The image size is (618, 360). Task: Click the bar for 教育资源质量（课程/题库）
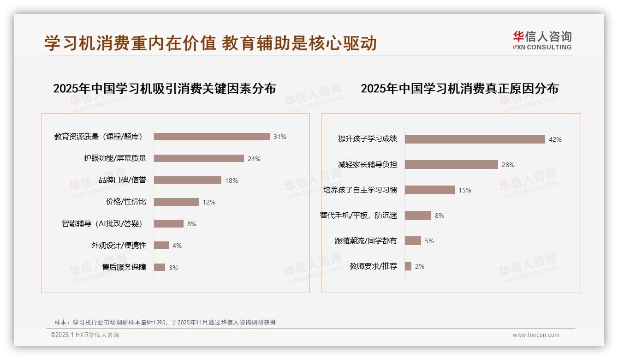coord(212,137)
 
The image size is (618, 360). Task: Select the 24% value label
coord(254,159)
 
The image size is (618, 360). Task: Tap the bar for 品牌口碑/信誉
coord(188,180)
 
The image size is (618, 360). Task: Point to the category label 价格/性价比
coord(126,202)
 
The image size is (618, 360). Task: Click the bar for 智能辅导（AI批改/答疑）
coord(169,224)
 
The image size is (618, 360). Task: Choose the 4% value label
coord(177,246)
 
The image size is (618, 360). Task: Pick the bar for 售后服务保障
coord(160,267)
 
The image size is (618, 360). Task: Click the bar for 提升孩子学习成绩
coord(475,139)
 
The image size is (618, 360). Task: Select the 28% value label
coord(508,165)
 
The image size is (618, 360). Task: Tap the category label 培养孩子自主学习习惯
coord(360,190)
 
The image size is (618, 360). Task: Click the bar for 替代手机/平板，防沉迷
coord(418,216)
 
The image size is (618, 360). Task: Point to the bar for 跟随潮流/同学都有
coord(413,241)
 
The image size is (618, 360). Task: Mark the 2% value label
coord(420,266)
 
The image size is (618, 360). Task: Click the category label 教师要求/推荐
coord(373,266)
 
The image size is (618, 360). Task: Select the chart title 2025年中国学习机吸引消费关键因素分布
coord(165,88)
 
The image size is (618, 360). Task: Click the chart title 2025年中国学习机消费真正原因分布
coord(459,88)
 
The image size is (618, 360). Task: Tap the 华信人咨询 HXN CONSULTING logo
coord(542,40)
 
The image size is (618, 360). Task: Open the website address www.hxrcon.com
coord(536,335)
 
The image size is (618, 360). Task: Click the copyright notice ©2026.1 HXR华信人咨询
coord(85,335)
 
